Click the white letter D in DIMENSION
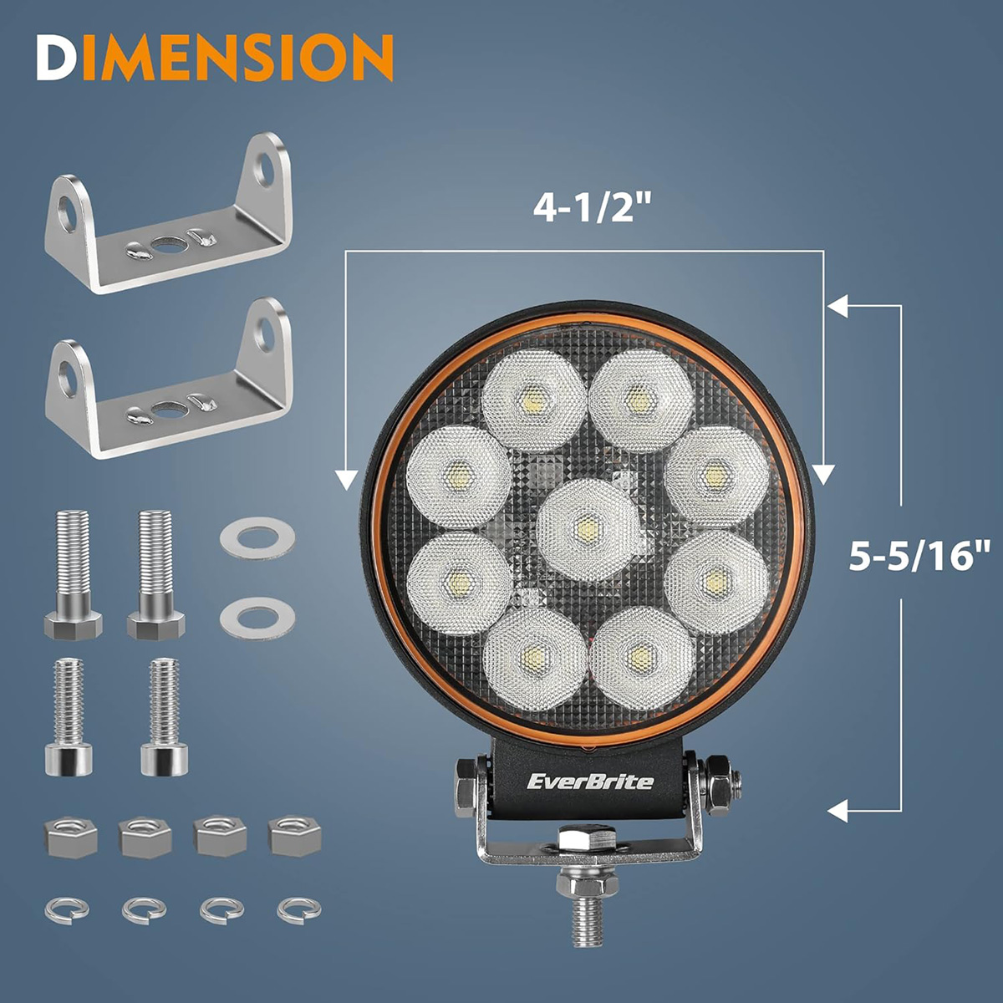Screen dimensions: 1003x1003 [59, 58]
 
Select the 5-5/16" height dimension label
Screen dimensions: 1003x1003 [918, 555]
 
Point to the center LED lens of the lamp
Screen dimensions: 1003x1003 [588, 530]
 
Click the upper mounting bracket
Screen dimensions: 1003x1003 [168, 213]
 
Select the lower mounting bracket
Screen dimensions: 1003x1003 [168, 378]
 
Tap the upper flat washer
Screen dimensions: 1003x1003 [257, 538]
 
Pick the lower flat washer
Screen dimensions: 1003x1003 [257, 619]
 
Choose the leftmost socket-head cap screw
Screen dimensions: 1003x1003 [69, 716]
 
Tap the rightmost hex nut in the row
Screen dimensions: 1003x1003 [294, 836]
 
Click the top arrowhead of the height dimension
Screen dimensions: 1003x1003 [838, 306]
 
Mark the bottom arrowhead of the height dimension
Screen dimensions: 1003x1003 [838, 811]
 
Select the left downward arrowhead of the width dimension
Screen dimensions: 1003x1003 [346, 480]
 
